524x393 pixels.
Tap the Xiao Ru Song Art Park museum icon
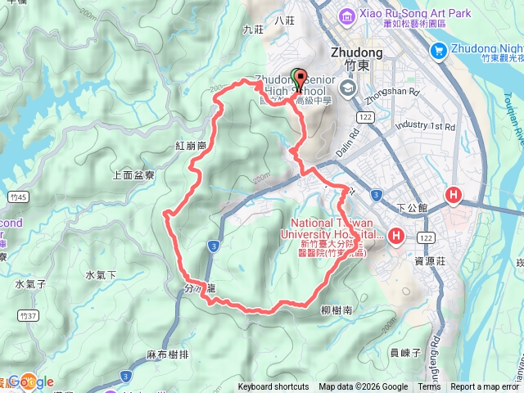[346, 15]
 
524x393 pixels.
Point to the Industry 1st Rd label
[424, 126]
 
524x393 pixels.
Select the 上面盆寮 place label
[133, 175]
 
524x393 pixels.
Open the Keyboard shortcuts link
[273, 387]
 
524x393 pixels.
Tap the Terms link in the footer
[429, 387]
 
